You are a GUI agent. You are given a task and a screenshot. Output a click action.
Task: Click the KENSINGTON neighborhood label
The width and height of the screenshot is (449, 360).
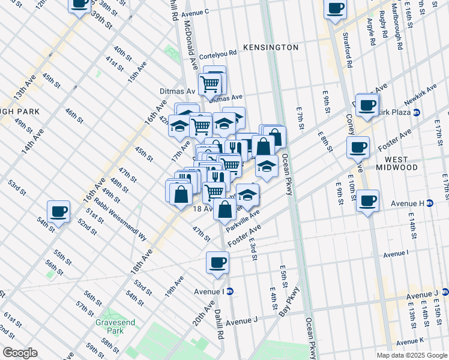click(270, 47)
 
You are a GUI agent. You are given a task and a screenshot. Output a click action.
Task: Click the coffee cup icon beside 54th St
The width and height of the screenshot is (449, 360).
click(59, 212)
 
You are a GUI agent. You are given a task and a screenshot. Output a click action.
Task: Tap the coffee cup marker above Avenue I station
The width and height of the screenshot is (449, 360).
click(217, 263)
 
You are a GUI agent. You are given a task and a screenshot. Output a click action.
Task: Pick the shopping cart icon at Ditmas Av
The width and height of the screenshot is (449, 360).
click(209, 84)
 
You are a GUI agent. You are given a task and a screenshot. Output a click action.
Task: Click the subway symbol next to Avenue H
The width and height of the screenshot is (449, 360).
click(430, 203)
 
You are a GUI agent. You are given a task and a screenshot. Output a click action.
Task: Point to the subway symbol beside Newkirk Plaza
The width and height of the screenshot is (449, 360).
click(417, 112)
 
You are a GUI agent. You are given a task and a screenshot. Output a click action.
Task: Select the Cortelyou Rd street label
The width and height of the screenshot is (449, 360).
click(218, 53)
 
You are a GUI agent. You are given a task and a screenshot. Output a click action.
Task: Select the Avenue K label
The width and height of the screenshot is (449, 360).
click(426, 340)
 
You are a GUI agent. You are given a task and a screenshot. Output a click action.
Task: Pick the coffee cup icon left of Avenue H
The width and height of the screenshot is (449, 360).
click(367, 202)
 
